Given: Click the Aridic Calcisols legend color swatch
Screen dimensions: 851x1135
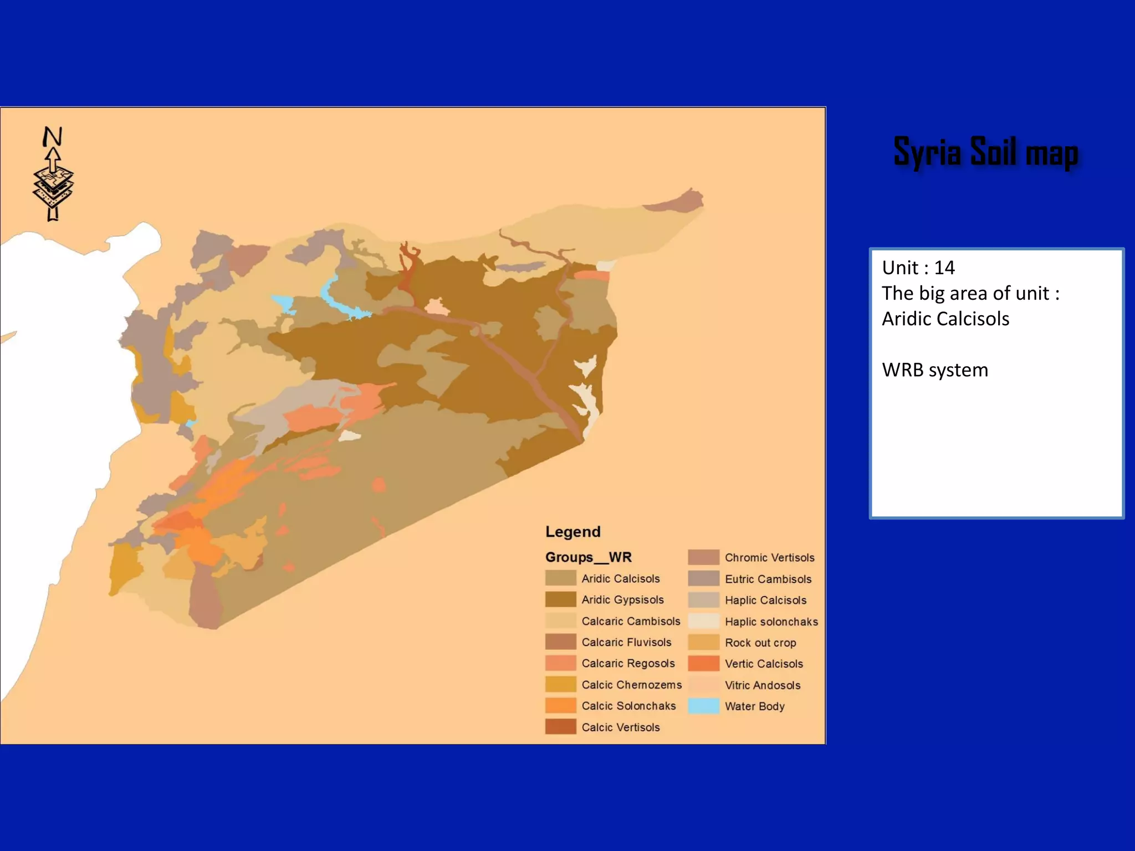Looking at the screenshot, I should (x=560, y=578).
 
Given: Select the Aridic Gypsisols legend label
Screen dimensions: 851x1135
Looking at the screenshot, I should (x=622, y=599).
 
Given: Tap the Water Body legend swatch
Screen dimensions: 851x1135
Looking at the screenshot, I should (x=703, y=706).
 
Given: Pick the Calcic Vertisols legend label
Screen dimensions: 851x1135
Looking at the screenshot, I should (x=621, y=727).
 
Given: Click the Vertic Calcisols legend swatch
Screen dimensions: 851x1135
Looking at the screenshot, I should (x=703, y=663).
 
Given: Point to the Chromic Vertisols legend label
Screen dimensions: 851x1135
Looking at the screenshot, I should (x=769, y=557).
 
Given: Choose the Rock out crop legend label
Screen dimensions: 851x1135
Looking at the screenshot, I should (x=760, y=643).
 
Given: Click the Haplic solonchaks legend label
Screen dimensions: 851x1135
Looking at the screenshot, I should (x=771, y=622).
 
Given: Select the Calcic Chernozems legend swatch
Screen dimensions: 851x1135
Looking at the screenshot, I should (x=560, y=684).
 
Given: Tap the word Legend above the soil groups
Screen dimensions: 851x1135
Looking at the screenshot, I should (x=572, y=532).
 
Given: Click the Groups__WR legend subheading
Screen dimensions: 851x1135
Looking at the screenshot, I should (x=588, y=557).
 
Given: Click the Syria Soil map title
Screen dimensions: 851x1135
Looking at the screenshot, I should (x=986, y=152).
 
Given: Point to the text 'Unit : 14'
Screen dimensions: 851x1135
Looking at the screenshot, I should (x=918, y=268).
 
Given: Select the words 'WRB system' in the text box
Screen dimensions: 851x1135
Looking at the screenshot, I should (x=935, y=370).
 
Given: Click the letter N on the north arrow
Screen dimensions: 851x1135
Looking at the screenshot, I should (x=53, y=136).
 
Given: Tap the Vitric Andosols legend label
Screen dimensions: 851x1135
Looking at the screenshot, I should (x=763, y=685).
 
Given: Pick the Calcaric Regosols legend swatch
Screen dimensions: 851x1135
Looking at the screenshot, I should (x=560, y=663).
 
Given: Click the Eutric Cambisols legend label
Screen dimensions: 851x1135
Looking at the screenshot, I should (x=768, y=579).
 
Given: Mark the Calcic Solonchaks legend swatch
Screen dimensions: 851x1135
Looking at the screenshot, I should (x=560, y=705).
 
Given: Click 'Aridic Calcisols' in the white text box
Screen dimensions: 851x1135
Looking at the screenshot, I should (x=945, y=319).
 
